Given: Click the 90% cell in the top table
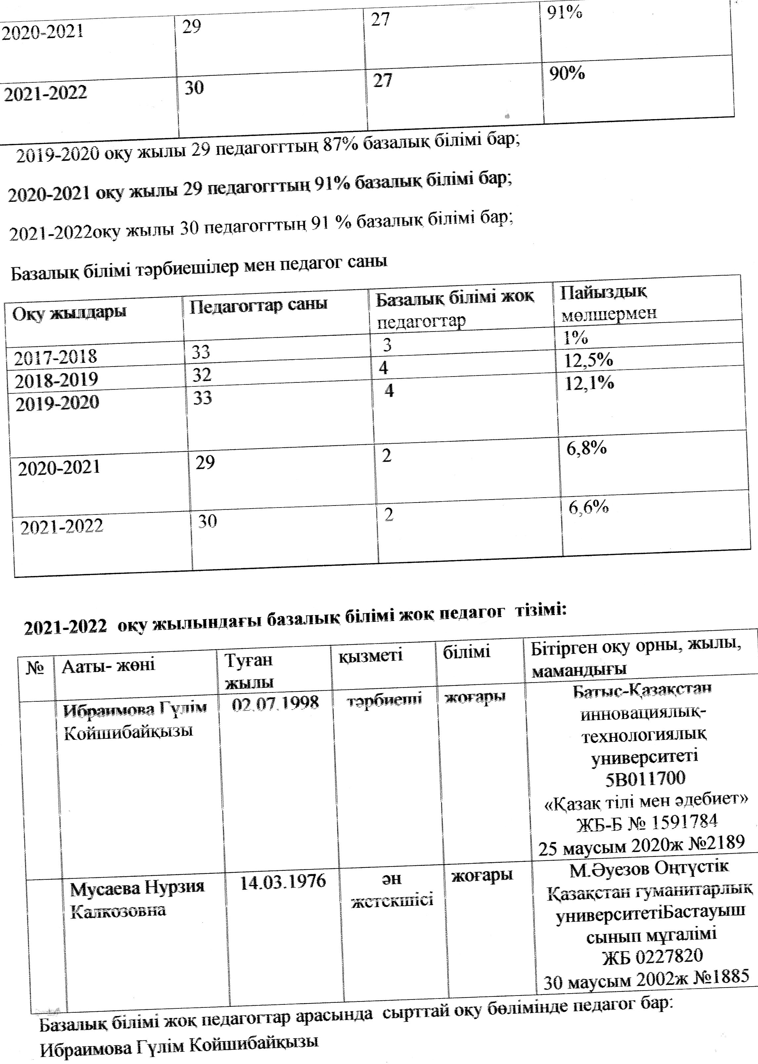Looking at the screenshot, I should click(x=567, y=74).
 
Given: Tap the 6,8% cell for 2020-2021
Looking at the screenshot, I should click(x=586, y=449).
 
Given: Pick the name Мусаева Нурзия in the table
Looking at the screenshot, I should click(x=137, y=887).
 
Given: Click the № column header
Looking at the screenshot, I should click(x=35, y=668).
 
